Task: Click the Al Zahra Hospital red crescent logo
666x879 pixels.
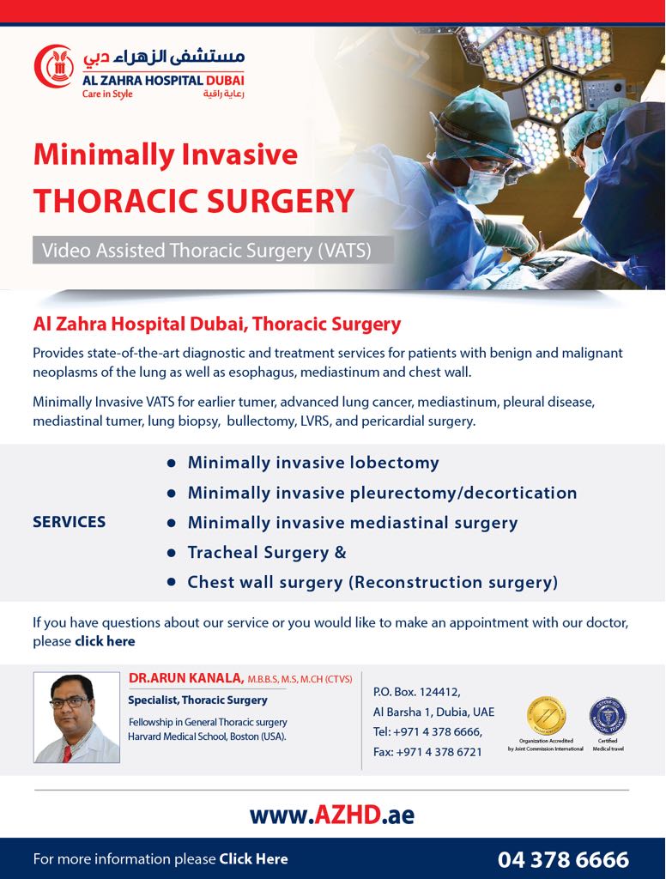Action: click(x=53, y=65)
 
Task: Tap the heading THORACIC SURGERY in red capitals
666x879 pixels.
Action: click(x=193, y=200)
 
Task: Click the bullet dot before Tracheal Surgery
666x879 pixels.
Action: click(x=171, y=553)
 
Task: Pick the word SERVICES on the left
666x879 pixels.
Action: click(x=69, y=522)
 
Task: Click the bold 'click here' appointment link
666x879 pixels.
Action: click(x=105, y=641)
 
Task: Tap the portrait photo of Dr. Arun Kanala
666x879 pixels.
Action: click(x=76, y=717)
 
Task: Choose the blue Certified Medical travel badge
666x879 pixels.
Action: click(x=607, y=715)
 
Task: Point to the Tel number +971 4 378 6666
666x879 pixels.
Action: click(x=427, y=731)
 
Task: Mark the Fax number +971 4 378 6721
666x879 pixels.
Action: click(x=427, y=752)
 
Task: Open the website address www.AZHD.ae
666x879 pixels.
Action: click(x=331, y=814)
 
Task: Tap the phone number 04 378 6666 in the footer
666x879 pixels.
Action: click(x=562, y=859)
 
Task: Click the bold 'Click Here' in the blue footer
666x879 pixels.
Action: click(x=253, y=858)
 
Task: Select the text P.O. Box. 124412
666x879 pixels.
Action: click(x=416, y=692)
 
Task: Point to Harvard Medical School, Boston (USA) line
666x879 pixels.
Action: click(x=207, y=737)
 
